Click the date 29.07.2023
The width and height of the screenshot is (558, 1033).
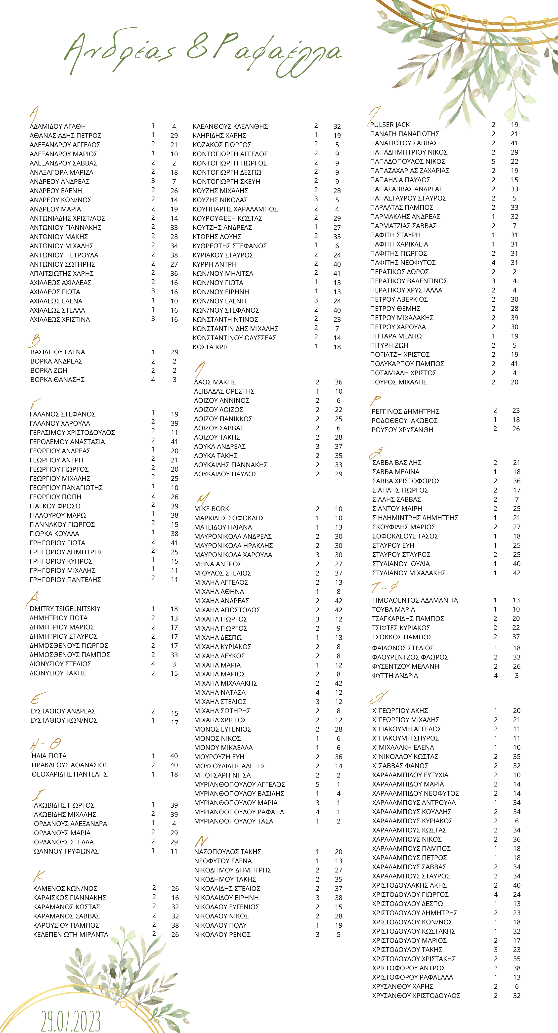click(71, 1021)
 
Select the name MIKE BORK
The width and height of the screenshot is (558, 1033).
click(212, 509)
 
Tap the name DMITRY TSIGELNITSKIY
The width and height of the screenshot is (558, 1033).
click(65, 609)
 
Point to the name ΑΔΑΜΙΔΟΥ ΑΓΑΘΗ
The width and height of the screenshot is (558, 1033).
click(57, 126)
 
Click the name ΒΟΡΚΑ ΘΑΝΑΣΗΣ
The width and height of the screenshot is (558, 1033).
click(57, 379)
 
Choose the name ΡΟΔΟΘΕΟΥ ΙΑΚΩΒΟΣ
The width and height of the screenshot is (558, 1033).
click(404, 420)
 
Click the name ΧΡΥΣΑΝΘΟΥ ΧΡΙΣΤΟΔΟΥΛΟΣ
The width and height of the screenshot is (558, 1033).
click(416, 996)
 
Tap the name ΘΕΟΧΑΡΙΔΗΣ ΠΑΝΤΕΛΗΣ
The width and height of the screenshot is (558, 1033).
click(69, 774)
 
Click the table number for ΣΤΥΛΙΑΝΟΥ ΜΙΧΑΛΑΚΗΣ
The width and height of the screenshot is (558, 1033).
click(517, 573)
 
